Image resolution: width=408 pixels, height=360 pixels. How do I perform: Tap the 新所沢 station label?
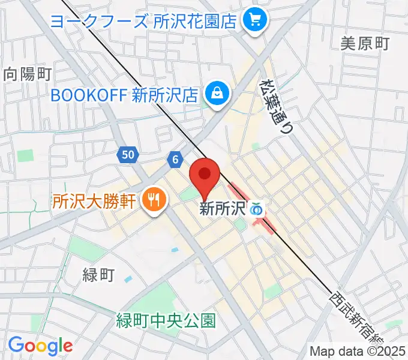(223, 209)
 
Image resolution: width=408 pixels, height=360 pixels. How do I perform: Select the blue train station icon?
(257, 209)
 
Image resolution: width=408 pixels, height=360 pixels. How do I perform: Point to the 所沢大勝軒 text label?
(95, 200)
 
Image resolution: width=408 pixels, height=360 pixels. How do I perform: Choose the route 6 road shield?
(175, 159)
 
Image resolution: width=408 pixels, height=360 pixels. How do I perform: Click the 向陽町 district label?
(28, 74)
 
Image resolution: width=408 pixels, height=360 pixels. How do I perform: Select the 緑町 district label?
(98, 275)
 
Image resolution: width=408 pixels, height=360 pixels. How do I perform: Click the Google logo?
(40, 346)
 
